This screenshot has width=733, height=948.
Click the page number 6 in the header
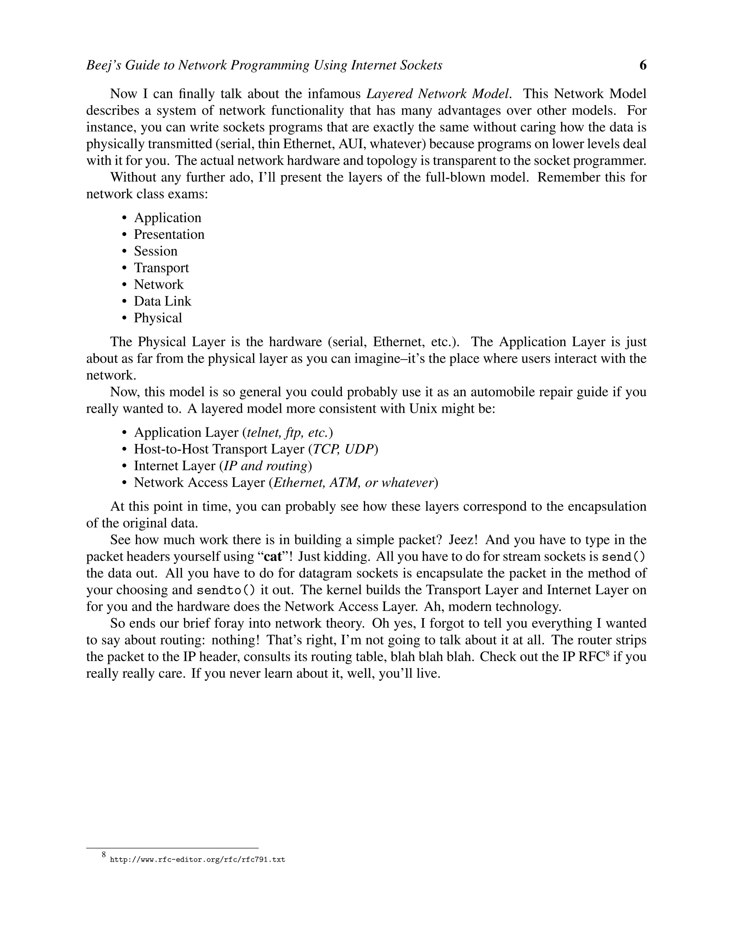click(643, 65)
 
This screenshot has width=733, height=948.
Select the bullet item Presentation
click(169, 234)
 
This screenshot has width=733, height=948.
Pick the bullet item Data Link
click(162, 301)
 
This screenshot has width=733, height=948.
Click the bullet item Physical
click(157, 318)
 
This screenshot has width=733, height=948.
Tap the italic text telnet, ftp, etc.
click(287, 433)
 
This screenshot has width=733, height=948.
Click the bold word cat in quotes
click(273, 557)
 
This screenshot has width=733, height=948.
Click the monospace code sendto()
click(226, 590)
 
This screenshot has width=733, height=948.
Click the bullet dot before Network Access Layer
click(125, 483)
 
